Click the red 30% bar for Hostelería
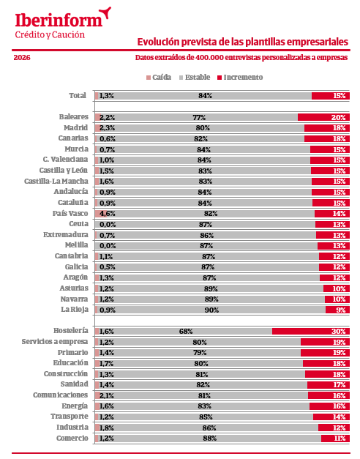tap(310, 332)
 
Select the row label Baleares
tap(73, 117)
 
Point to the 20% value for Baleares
tap(338, 117)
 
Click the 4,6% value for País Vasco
tap(107, 213)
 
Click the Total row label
tap(77, 95)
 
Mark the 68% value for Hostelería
tap(186, 332)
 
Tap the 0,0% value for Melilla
tap(107, 245)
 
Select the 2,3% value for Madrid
tap(107, 128)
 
